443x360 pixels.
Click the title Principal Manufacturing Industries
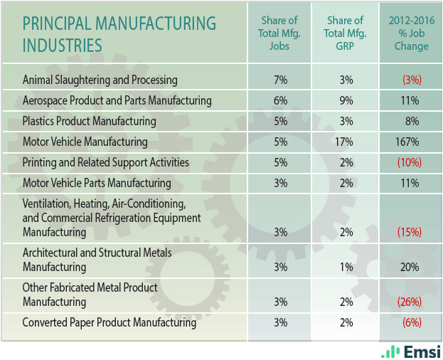(x=119, y=34)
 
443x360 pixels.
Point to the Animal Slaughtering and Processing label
(x=100, y=80)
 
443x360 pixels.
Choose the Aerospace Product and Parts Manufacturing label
(x=117, y=100)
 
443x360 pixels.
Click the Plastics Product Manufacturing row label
(x=89, y=121)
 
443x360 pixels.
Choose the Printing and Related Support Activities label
(x=106, y=162)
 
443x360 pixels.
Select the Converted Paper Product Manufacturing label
(x=109, y=322)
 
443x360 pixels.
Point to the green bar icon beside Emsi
(x=390, y=351)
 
